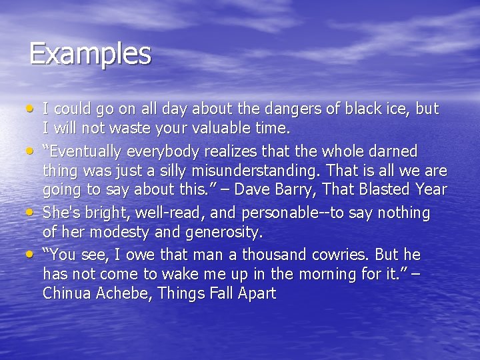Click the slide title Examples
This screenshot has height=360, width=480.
(x=90, y=54)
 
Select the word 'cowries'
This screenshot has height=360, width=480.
(x=337, y=255)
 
